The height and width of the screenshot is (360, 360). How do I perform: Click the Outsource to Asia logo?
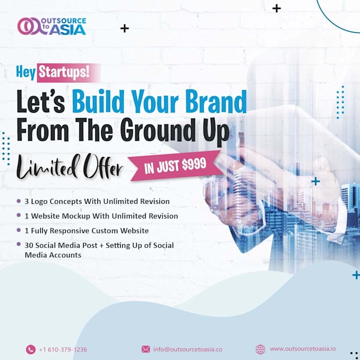[51, 26]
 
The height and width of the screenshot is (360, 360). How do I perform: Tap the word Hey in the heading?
[25, 73]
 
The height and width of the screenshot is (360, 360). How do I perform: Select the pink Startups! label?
[68, 73]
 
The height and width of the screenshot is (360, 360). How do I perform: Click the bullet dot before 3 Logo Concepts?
[19, 201]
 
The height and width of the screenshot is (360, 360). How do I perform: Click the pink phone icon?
[30, 349]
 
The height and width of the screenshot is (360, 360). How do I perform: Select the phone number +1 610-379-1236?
[63, 349]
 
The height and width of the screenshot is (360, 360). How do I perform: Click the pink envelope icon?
[146, 349]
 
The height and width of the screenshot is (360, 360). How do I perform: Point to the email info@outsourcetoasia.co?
[187, 349]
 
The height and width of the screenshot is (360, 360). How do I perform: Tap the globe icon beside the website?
[260, 349]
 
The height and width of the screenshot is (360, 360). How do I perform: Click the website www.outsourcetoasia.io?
[302, 349]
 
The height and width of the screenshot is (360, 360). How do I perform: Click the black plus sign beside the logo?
[124, 28]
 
